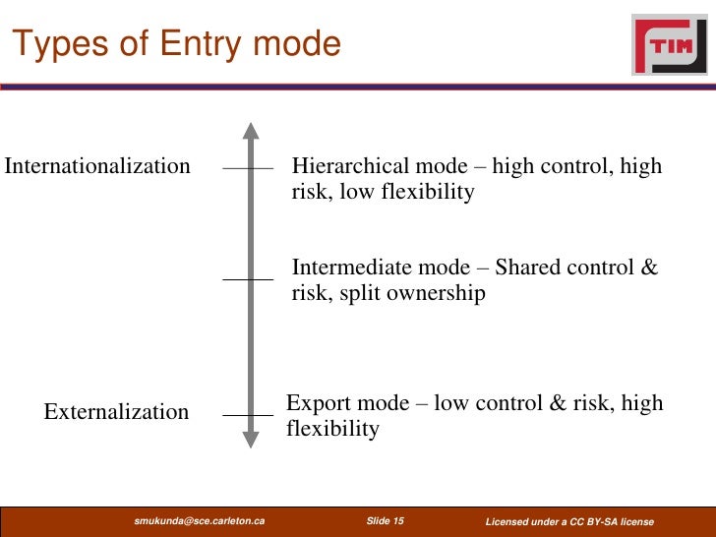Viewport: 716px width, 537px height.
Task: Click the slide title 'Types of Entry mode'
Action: click(177, 44)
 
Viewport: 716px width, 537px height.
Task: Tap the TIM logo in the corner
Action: click(669, 44)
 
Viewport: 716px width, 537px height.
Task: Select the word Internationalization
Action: click(97, 166)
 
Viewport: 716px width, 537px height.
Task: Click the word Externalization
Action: click(116, 412)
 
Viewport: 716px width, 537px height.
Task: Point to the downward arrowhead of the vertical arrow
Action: click(251, 439)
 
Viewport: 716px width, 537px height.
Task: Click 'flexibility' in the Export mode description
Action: click(332, 429)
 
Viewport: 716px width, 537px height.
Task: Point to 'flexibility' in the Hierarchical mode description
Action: click(429, 192)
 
